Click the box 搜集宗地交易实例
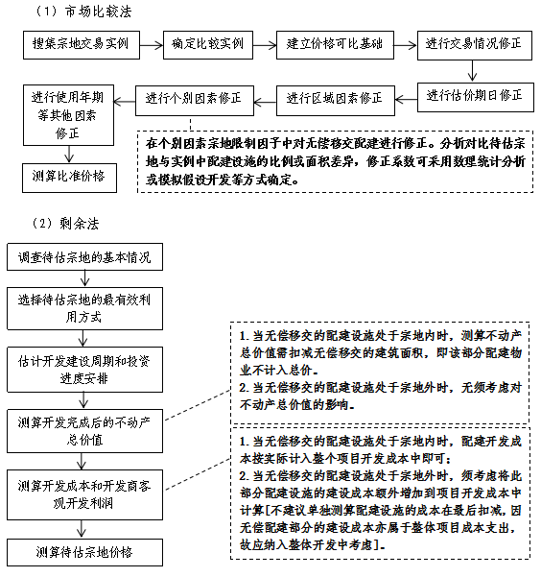click(x=82, y=45)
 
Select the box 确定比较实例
click(x=208, y=45)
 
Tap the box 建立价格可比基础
click(x=335, y=45)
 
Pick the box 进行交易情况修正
click(x=475, y=45)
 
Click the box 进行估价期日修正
click(x=475, y=97)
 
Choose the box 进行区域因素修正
click(x=336, y=101)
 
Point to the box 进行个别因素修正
click(x=194, y=101)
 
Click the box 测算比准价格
click(x=69, y=178)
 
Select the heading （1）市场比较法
click(x=82, y=12)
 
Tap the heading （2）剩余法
click(x=65, y=224)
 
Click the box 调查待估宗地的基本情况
click(x=84, y=257)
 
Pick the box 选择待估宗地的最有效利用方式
click(x=84, y=308)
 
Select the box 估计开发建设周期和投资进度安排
click(x=84, y=370)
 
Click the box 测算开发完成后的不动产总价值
click(x=84, y=430)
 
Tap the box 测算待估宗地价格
click(x=84, y=552)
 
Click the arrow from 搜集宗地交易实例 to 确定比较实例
click(x=152, y=45)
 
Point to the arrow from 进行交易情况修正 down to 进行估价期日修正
click(x=472, y=71)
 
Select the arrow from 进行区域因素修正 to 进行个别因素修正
click(x=265, y=102)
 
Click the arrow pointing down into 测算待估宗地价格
click(x=82, y=529)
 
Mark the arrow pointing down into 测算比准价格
click(x=69, y=155)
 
